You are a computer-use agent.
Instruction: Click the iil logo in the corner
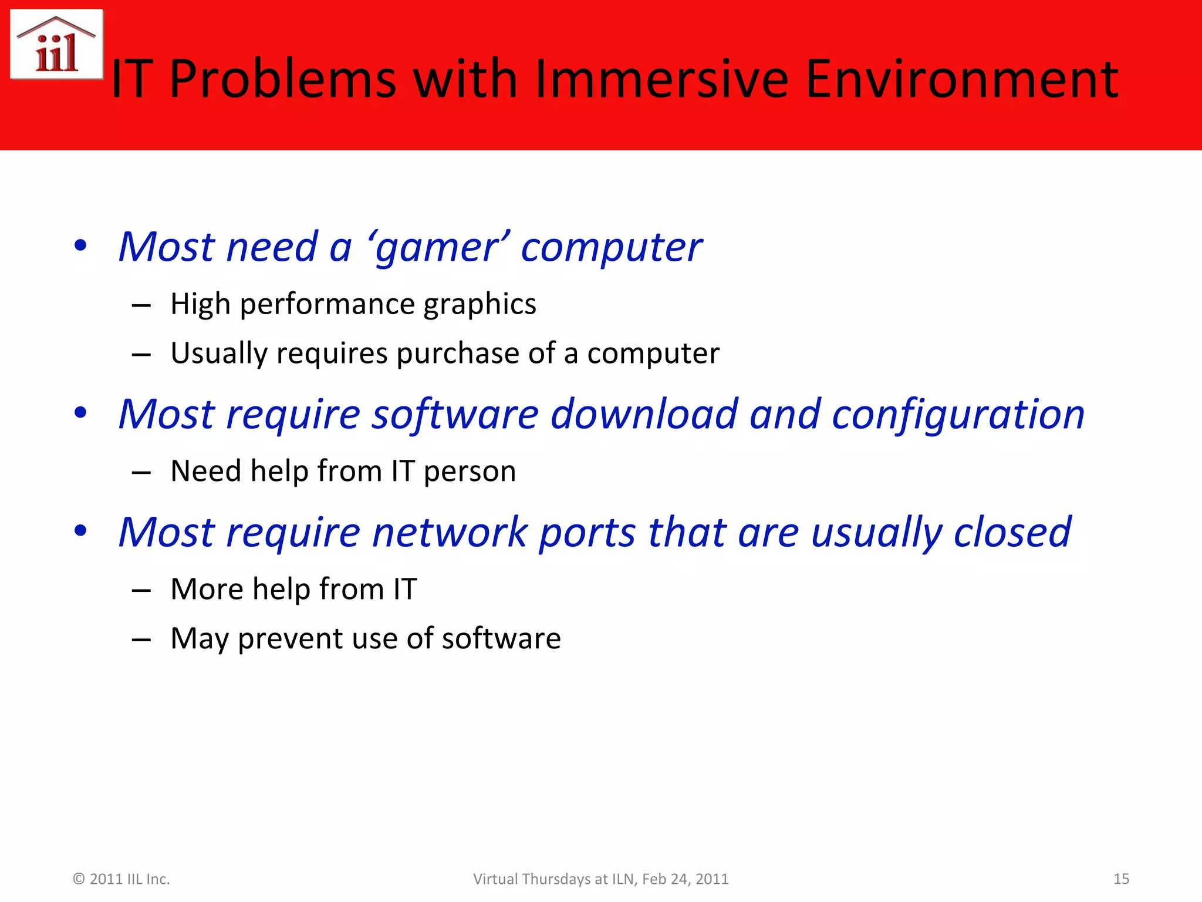pos(57,45)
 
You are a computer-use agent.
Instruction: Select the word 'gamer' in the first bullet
pos(438,248)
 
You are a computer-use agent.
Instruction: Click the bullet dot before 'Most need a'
pos(81,245)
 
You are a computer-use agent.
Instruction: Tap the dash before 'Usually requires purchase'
pos(141,355)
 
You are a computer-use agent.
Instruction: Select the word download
pos(644,415)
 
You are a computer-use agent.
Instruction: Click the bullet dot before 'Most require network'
pos(81,531)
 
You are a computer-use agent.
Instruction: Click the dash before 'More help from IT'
pos(141,591)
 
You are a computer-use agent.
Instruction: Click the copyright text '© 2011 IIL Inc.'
pos(121,879)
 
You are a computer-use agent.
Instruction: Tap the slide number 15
pos(1121,879)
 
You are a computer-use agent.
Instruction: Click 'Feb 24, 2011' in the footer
pos(685,879)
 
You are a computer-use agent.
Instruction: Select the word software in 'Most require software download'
pos(455,415)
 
